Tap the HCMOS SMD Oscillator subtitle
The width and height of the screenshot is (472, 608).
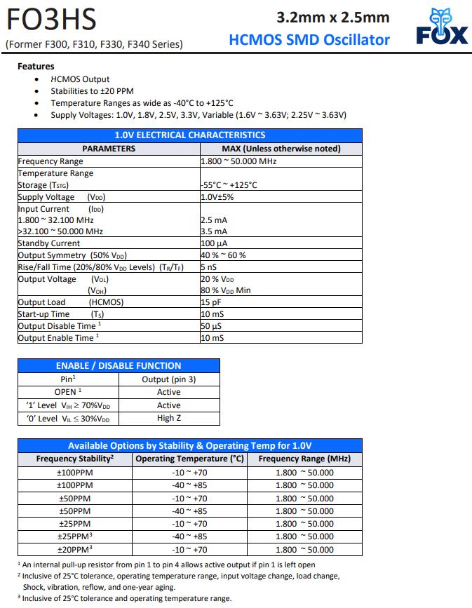309,39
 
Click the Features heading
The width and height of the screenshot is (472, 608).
36,67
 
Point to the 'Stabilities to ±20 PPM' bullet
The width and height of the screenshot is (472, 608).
92,91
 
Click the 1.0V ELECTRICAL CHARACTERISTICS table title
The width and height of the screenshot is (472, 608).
189,135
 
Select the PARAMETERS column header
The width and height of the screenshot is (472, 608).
109,149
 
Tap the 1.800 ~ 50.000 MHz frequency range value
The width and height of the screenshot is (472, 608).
239,161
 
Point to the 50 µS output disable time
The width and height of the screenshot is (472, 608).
212,326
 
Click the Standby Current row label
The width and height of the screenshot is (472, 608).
49,243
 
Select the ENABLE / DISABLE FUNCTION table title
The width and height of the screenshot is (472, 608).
119,365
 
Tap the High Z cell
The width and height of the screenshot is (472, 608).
169,419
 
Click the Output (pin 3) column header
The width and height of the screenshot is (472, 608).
169,379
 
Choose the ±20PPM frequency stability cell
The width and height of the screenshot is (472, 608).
75,550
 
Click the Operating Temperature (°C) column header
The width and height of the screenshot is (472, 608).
189,459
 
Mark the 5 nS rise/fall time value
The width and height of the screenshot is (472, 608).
208,267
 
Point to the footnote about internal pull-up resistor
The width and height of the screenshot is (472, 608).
166,565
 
